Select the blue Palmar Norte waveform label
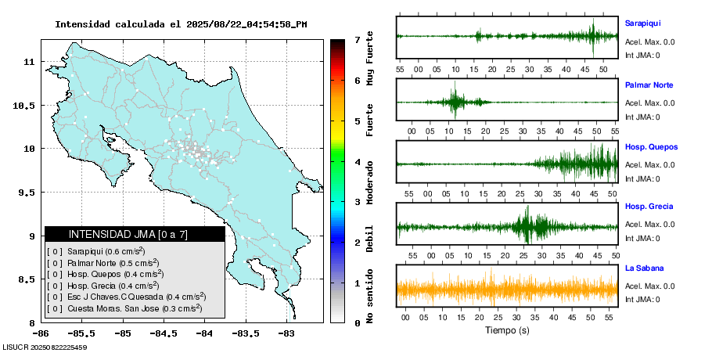[649, 85]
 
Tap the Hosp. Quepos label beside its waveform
[651, 147]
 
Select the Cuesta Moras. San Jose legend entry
[124, 309]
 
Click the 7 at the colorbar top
[356, 39]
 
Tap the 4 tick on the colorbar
[356, 162]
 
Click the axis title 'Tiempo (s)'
[507, 331]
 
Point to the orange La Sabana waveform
[507, 289]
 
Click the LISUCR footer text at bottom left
[45, 347]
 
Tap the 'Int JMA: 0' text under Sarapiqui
[642, 55]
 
